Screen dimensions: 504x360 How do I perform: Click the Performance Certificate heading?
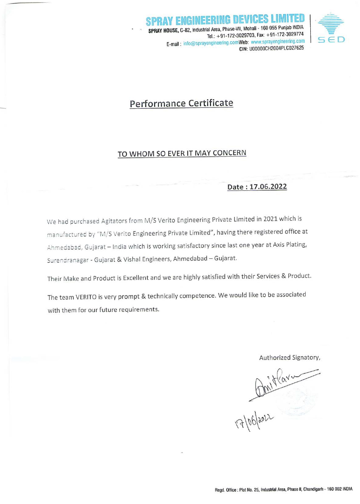[181, 103]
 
